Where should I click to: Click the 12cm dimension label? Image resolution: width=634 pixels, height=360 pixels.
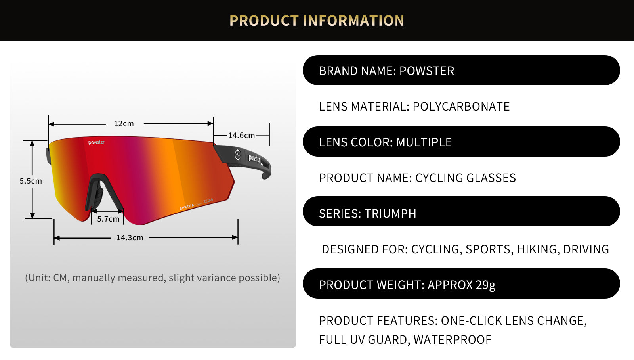[x=124, y=123]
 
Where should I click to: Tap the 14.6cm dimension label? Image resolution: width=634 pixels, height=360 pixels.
[x=241, y=135]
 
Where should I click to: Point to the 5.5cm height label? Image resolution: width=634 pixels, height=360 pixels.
[x=31, y=181]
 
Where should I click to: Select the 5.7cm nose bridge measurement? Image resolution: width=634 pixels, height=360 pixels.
[x=108, y=219]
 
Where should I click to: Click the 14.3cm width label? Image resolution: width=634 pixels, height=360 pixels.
[x=130, y=237]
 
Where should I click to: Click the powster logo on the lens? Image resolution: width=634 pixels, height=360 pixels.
[x=97, y=142]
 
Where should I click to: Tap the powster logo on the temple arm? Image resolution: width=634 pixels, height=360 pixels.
[x=254, y=159]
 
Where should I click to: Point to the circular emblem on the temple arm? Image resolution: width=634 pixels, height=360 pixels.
[x=238, y=155]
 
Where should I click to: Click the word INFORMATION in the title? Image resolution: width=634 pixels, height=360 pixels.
[x=353, y=21]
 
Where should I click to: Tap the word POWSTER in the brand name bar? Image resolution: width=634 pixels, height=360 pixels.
[x=426, y=71]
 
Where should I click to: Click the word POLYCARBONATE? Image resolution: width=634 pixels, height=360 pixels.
[x=461, y=107]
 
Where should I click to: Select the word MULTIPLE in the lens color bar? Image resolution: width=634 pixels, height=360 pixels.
[x=424, y=142]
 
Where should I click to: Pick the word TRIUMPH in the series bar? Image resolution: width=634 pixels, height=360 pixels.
[x=390, y=214]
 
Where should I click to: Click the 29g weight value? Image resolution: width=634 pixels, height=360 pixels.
[x=485, y=285]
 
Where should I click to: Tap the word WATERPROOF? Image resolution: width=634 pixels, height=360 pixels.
[x=452, y=340]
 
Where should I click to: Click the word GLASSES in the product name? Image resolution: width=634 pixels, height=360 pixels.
[x=491, y=178]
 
